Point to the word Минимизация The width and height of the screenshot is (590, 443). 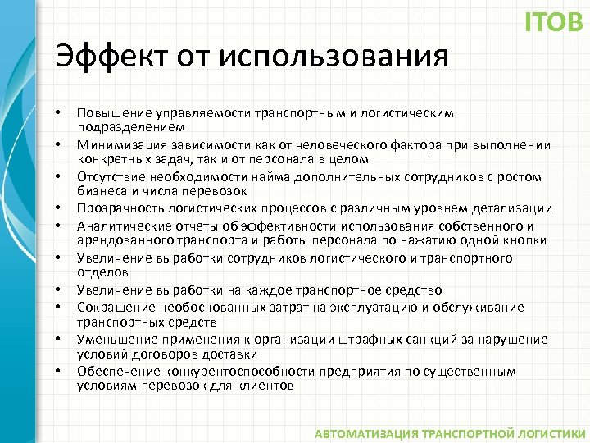(x=116, y=144)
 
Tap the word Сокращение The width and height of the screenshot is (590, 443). (x=111, y=307)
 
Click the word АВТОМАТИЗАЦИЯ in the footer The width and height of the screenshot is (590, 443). (x=364, y=433)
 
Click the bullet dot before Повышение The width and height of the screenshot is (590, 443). (x=59, y=112)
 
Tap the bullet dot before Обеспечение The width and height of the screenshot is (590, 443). (x=59, y=371)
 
